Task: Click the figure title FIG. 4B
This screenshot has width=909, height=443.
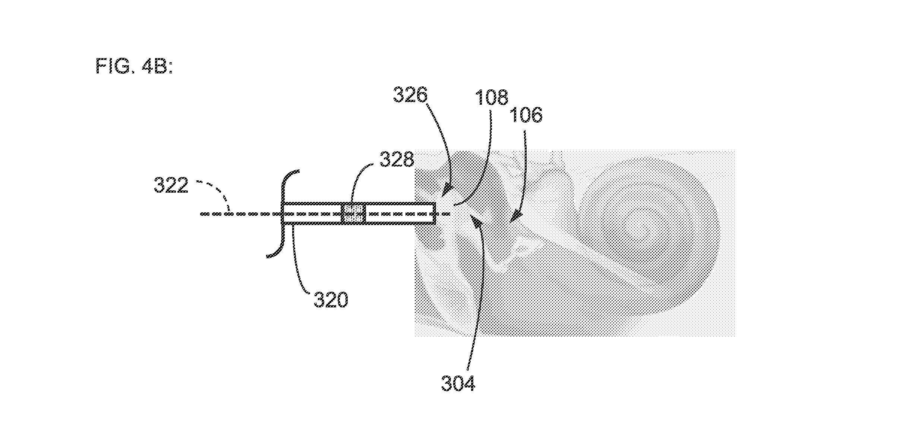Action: (x=135, y=67)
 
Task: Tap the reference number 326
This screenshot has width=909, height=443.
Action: (x=410, y=96)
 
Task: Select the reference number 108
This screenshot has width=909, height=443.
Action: (x=491, y=97)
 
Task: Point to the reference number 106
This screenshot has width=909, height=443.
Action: (x=525, y=115)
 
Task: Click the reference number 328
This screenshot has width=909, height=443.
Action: (x=397, y=159)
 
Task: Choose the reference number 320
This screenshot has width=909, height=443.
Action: (x=331, y=300)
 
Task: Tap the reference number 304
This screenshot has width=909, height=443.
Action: (x=458, y=383)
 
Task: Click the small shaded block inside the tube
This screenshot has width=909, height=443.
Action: (x=353, y=213)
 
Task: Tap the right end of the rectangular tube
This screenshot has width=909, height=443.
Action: (x=435, y=213)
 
